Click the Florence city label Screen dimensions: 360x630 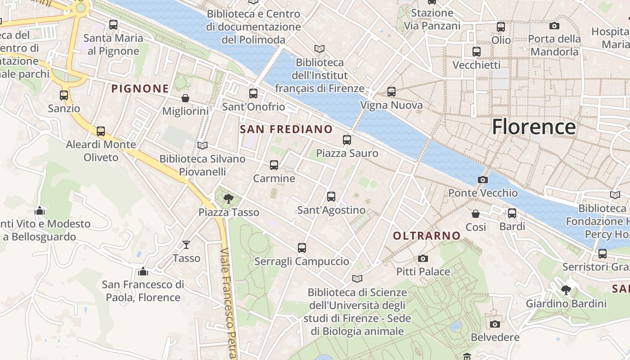[533, 127]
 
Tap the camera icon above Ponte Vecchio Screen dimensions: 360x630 [482, 180]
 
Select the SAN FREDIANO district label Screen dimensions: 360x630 [286, 130]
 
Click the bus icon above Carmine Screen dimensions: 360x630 [274, 165]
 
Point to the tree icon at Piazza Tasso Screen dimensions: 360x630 [229, 198]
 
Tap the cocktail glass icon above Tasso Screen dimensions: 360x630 [186, 245]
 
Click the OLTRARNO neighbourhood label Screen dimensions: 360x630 [427, 236]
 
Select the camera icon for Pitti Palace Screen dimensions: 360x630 [423, 259]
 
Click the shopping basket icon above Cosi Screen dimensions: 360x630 [476, 214]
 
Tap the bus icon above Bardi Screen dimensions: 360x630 [512, 213]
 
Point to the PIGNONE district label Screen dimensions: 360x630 [140, 89]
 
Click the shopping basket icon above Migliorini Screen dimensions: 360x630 [185, 98]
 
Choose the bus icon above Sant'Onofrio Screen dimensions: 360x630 [253, 94]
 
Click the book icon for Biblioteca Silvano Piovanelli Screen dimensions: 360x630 [202, 145]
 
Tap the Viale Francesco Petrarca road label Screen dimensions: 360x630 [229, 306]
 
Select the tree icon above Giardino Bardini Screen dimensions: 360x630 [566, 290]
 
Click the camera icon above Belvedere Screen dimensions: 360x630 [495, 324]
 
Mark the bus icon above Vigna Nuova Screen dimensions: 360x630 [391, 92]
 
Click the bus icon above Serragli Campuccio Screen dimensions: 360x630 [301, 248]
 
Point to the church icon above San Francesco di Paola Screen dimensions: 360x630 [143, 271]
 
